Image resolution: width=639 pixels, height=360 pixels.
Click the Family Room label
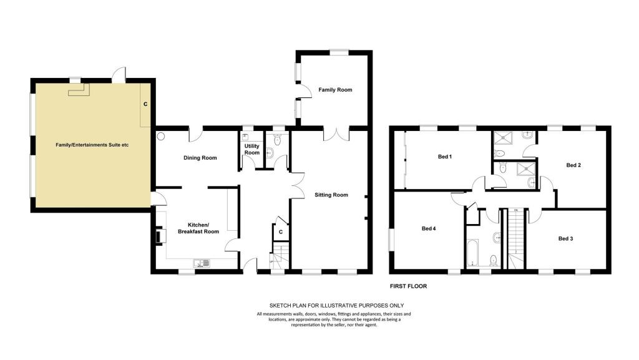pyautogui.click(x=335, y=90)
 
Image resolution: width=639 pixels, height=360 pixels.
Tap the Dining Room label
pyautogui.click(x=200, y=158)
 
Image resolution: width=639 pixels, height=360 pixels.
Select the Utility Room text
pyautogui.click(x=252, y=149)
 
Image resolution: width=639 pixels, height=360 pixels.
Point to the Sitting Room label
pyautogui.click(x=331, y=195)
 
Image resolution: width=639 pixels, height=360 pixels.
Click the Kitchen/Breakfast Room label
pyautogui.click(x=198, y=228)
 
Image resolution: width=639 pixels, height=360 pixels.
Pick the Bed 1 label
pyautogui.click(x=444, y=157)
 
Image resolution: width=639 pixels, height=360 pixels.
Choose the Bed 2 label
pyautogui.click(x=573, y=165)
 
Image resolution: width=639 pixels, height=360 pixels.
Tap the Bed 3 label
pyautogui.click(x=565, y=238)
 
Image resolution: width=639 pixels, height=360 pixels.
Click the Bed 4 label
pyautogui.click(x=429, y=228)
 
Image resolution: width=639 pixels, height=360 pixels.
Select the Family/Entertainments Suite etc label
pyautogui.click(x=92, y=145)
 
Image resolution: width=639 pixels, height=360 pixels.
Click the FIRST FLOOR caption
pyautogui.click(x=408, y=286)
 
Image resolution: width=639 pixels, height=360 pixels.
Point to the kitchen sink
pyautogui.click(x=202, y=263)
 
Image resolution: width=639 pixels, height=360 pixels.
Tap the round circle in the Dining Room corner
pyautogui.click(x=160, y=136)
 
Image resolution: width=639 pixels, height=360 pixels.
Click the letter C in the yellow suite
pyautogui.click(x=145, y=104)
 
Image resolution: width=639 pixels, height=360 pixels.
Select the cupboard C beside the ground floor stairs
pyautogui.click(x=281, y=231)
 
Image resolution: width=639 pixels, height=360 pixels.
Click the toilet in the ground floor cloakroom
pyautogui.click(x=278, y=140)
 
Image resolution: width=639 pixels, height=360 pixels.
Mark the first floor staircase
pyautogui.click(x=515, y=238)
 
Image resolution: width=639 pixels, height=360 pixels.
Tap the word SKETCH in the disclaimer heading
pyautogui.click(x=279, y=306)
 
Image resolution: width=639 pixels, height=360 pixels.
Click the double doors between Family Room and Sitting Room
pyautogui.click(x=336, y=134)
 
